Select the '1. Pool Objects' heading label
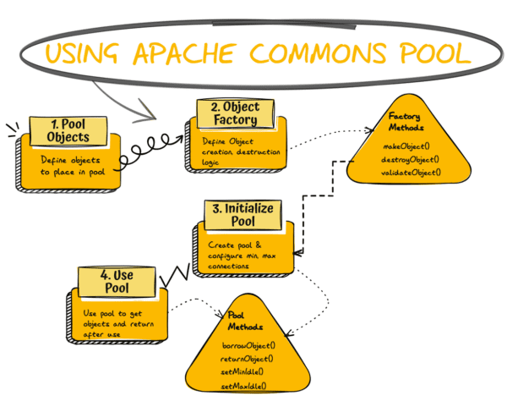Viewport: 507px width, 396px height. click(64, 129)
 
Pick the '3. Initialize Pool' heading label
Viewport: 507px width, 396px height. click(238, 214)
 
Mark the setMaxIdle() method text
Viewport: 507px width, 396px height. click(244, 385)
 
